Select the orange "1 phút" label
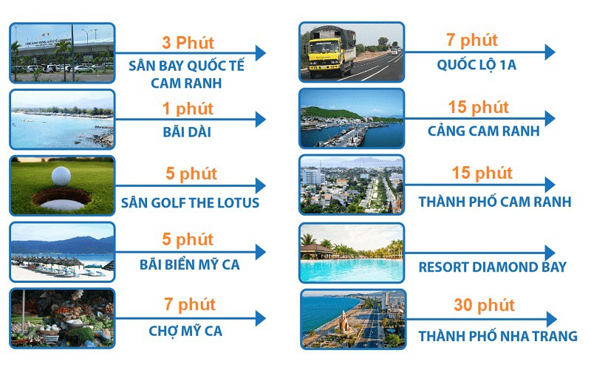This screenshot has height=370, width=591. tap(188, 109)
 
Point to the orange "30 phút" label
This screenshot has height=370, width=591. tap(483, 304)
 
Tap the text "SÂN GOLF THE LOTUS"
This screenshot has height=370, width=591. tap(191, 202)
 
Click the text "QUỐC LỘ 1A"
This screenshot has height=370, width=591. tap(476, 65)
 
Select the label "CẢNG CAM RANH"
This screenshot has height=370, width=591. tap(483, 131)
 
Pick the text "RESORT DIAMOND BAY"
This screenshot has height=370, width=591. tap(492, 267)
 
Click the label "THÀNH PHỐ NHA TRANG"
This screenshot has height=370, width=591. tap(497, 336)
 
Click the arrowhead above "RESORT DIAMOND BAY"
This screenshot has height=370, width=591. tap(549, 253)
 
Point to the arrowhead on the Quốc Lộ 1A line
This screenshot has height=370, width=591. tap(549, 52)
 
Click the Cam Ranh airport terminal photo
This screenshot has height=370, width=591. tap(62, 52)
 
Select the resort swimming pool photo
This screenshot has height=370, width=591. tap(351, 253)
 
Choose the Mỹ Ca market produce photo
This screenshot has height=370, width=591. tap(62, 318)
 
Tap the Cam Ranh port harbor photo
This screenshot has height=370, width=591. tap(351, 119)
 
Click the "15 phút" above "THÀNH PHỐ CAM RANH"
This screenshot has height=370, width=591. tap(483, 174)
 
